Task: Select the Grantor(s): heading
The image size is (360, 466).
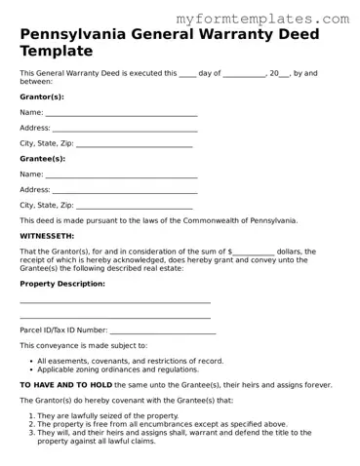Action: (43, 97)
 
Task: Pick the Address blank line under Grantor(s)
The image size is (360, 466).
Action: (124, 130)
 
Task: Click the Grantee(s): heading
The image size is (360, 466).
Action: (43, 159)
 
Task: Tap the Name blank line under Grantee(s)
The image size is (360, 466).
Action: (121, 176)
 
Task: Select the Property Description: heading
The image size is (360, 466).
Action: (62, 284)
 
